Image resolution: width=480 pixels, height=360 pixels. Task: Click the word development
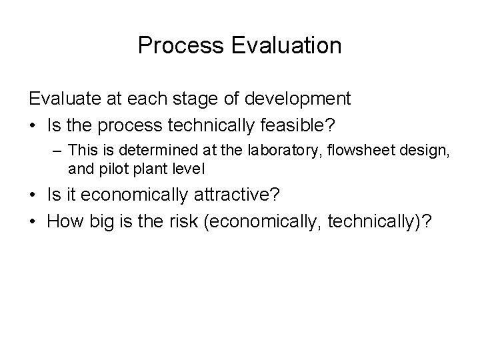[298, 99]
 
